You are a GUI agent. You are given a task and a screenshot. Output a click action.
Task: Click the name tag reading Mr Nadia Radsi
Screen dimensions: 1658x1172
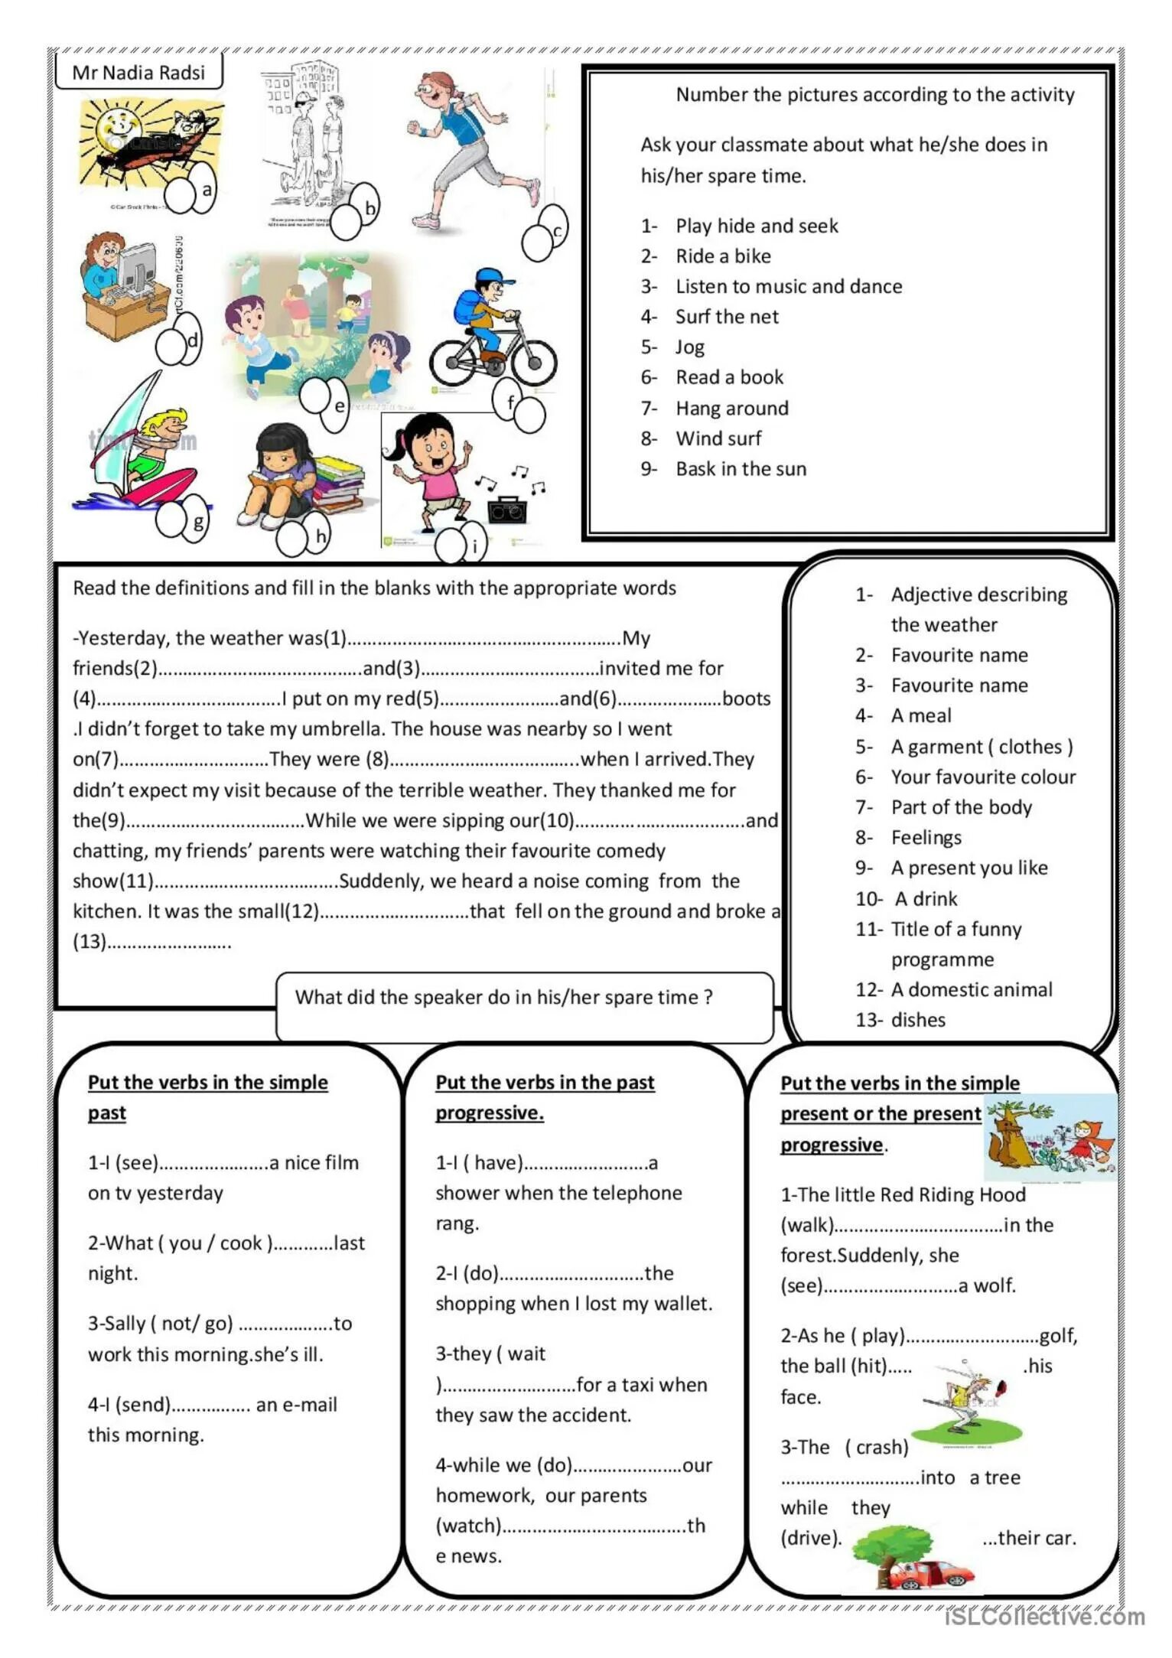coord(138,73)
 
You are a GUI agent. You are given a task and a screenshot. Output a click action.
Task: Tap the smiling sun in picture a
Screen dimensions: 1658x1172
coord(111,126)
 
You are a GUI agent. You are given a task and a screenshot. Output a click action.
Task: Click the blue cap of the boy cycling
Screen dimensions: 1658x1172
coord(488,276)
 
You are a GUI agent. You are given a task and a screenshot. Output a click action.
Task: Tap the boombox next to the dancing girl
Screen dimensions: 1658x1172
coord(506,509)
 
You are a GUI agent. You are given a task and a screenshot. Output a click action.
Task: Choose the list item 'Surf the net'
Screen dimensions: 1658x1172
coord(726,317)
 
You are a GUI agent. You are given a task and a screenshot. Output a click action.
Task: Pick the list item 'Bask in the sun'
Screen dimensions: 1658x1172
coord(741,469)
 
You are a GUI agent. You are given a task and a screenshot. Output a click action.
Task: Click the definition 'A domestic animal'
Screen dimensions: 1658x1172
coord(971,989)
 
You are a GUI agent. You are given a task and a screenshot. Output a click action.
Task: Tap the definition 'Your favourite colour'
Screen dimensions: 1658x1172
coord(982,777)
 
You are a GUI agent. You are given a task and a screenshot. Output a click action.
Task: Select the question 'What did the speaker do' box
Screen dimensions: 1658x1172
coord(524,1005)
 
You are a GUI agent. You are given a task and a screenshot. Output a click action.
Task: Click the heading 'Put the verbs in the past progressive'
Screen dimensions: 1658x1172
coord(544,1097)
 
